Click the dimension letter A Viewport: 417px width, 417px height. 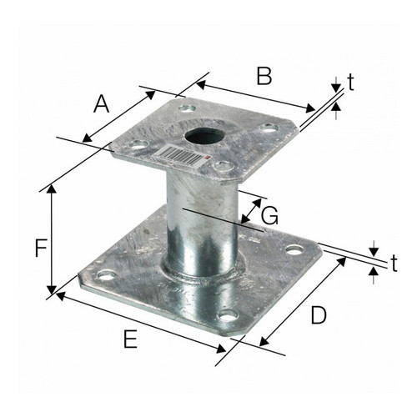coord(101,103)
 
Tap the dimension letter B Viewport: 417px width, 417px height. coord(264,76)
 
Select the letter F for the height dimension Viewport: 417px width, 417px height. coord(41,248)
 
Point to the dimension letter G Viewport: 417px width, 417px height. coord(269,216)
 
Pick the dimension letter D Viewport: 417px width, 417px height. coord(319,315)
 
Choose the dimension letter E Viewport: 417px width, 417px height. coord(130,339)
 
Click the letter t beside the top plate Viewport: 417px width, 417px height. coord(351,83)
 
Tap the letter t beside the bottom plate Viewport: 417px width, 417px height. coord(394,264)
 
